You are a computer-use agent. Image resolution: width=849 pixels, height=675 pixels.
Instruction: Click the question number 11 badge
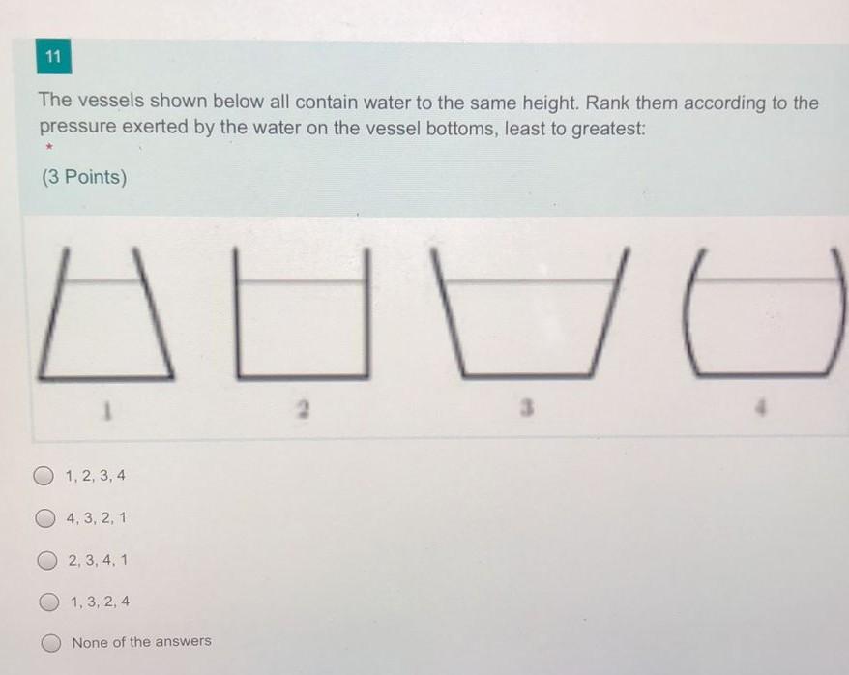pyautogui.click(x=52, y=59)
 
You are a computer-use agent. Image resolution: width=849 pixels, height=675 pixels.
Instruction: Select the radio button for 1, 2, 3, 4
pyautogui.click(x=44, y=476)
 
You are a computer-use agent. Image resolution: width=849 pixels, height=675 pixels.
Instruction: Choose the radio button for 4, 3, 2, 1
pyautogui.click(x=44, y=518)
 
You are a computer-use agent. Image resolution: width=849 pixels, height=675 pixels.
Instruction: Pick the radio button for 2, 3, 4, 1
pyautogui.click(x=46, y=560)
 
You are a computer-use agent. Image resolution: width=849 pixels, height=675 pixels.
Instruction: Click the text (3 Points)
pyautogui.click(x=83, y=178)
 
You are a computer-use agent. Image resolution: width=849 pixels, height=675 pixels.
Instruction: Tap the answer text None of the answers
pyautogui.click(x=141, y=642)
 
